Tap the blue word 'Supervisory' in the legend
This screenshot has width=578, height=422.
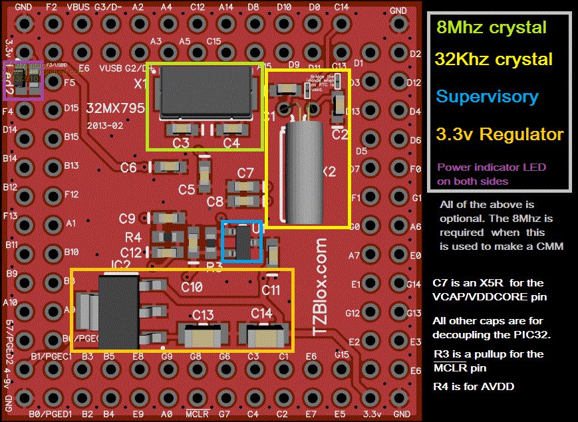(487, 96)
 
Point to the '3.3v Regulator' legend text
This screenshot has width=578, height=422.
(500, 135)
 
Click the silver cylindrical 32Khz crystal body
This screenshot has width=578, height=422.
(304, 173)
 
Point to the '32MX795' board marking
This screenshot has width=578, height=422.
(116, 108)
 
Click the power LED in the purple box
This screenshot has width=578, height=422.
(23, 80)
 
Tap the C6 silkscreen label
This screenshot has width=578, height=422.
(128, 167)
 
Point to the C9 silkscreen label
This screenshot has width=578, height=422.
(127, 218)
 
